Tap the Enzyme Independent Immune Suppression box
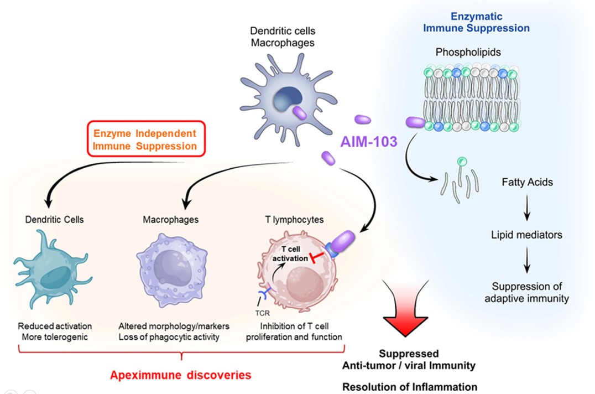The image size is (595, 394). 145,139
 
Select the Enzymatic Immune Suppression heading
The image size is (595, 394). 476,23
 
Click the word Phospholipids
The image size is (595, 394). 468,53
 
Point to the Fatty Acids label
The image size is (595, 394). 526,182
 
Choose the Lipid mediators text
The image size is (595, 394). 526,235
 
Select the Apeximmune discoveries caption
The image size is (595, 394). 180,375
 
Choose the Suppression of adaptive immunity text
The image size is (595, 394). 526,293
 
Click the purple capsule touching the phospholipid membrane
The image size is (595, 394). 416,122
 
